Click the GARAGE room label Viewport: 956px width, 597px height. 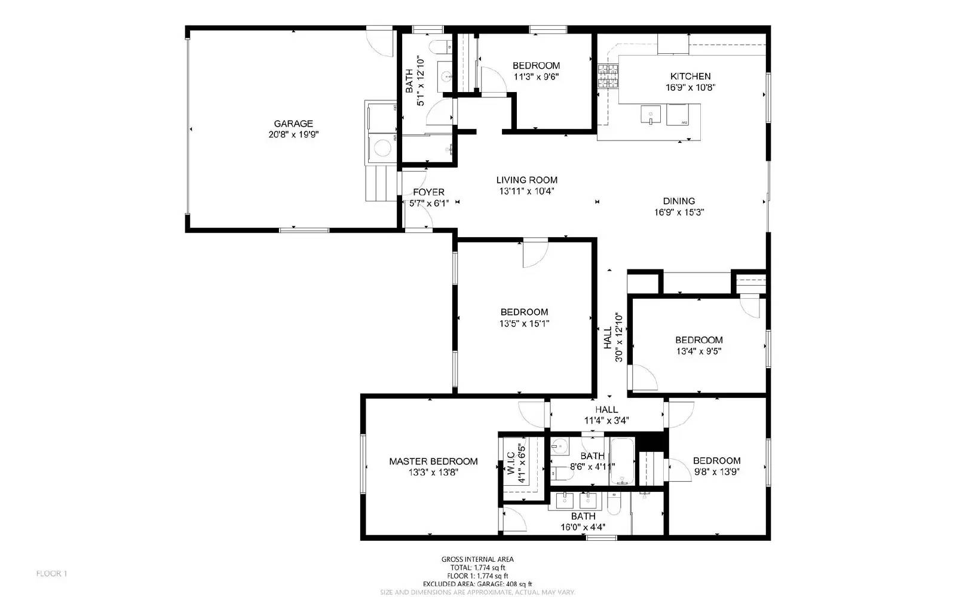tap(293, 124)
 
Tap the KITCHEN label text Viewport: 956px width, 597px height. tap(690, 76)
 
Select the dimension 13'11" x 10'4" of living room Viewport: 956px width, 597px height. tap(526, 191)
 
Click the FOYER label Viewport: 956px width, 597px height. tap(428, 192)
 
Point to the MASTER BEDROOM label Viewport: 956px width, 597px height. tap(433, 461)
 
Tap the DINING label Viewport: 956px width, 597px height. tap(679, 201)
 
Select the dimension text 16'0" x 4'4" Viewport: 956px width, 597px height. tap(583, 527)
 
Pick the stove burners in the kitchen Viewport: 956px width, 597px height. tap(608, 76)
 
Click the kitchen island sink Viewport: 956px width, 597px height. tap(650, 114)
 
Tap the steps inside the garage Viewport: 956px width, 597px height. tap(380, 183)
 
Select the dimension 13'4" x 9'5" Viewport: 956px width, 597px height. tap(698, 351)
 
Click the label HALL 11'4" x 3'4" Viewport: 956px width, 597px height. tap(606, 415)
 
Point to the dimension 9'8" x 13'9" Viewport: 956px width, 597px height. tap(717, 472)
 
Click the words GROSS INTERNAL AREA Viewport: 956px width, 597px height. tap(477, 559)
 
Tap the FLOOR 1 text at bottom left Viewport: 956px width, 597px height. tap(51, 574)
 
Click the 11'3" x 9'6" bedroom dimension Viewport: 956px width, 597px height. tap(536, 76)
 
